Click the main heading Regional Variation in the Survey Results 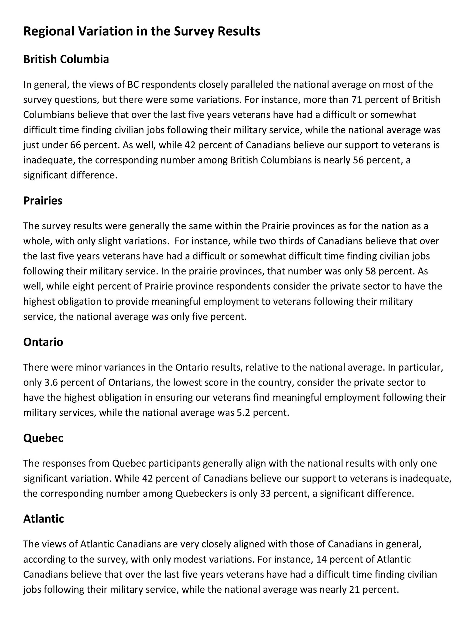click(x=141, y=31)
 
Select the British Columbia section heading click(x=66, y=59)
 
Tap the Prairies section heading click(x=43, y=201)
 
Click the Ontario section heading click(x=43, y=342)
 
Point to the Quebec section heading click(x=43, y=438)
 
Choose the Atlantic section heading click(x=44, y=519)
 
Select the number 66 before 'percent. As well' click(x=75, y=145)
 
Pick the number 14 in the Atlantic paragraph click(x=321, y=559)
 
